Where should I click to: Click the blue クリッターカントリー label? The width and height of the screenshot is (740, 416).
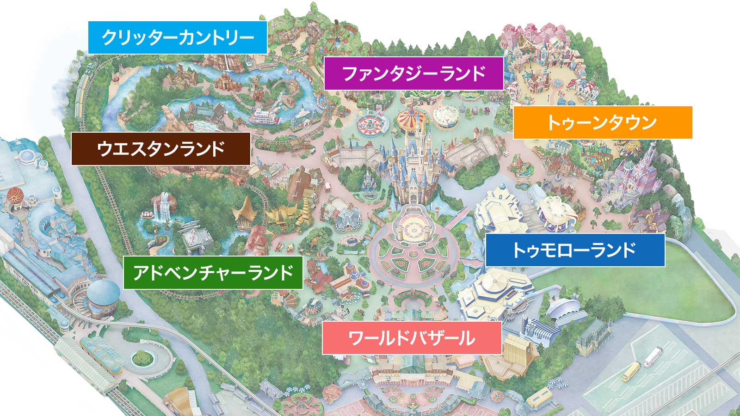(x=178, y=37)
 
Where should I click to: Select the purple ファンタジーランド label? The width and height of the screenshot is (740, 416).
(x=413, y=73)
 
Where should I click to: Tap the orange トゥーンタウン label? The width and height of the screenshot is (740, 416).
(x=602, y=122)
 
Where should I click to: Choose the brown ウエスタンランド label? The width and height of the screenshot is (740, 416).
(x=160, y=149)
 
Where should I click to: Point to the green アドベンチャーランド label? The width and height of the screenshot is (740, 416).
(x=213, y=273)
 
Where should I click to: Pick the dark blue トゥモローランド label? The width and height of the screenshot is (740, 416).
(x=575, y=250)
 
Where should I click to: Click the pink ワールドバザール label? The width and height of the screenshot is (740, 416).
(x=412, y=338)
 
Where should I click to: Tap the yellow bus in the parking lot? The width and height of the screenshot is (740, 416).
(x=631, y=372)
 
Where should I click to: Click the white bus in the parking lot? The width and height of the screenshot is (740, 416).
(x=652, y=357)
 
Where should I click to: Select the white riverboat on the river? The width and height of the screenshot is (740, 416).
(x=265, y=117)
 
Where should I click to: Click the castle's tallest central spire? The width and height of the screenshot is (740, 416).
(x=410, y=139)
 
